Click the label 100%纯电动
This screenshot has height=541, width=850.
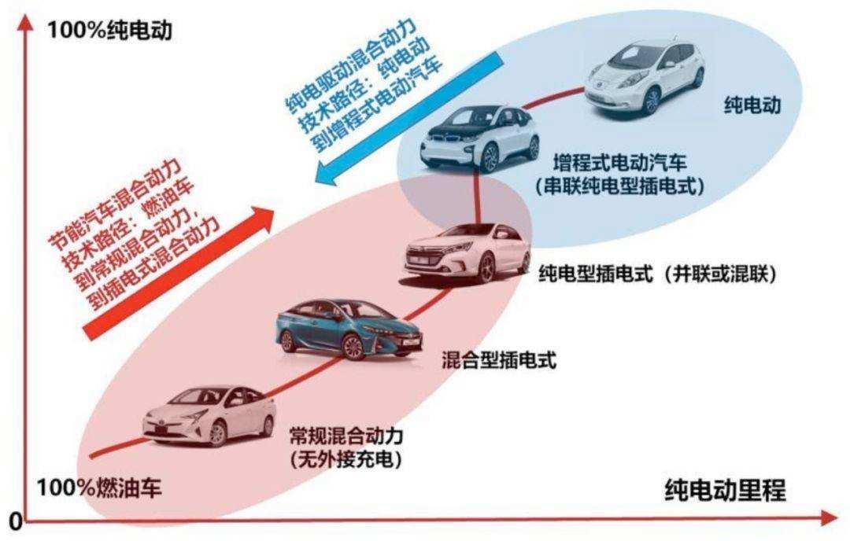pos(109,30)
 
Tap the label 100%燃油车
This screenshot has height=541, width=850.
pos(100,488)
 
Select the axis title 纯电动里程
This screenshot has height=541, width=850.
pos(725,490)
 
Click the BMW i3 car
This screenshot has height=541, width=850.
pos(479,138)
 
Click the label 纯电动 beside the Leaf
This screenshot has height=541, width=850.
pos(752,105)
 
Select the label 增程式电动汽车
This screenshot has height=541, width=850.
pos(619,163)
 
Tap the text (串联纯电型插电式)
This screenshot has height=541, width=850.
pos(619,186)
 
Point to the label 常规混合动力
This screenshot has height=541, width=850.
pos(346,435)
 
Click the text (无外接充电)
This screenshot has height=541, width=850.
pos(346,459)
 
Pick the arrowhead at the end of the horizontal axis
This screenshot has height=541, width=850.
pos(829,518)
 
